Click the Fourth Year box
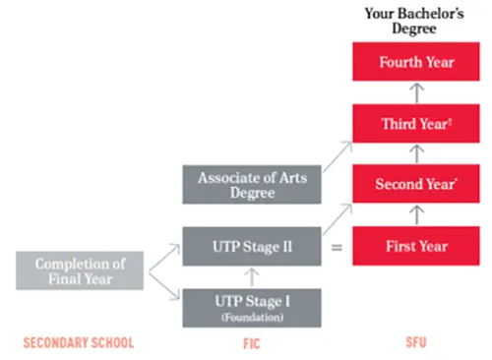[x=416, y=62]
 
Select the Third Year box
[x=416, y=124]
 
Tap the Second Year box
[x=416, y=184]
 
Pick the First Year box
[x=416, y=246]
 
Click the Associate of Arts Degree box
[x=252, y=185]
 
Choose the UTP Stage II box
[x=252, y=246]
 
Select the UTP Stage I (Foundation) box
[x=252, y=308]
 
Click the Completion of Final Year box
[x=80, y=270]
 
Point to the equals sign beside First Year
[x=337, y=247]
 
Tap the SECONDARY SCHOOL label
[x=79, y=342]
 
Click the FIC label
[x=252, y=343]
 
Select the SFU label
[x=416, y=342]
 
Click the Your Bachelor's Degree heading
[x=414, y=21]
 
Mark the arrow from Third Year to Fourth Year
[x=417, y=92]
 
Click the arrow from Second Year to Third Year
[x=417, y=153]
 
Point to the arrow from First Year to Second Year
[x=417, y=215]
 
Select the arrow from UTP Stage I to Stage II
[x=252, y=277]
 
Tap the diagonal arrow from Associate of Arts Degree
[x=338, y=156]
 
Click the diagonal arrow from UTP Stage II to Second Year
[x=338, y=219]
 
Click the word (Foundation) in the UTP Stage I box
[x=252, y=318]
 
